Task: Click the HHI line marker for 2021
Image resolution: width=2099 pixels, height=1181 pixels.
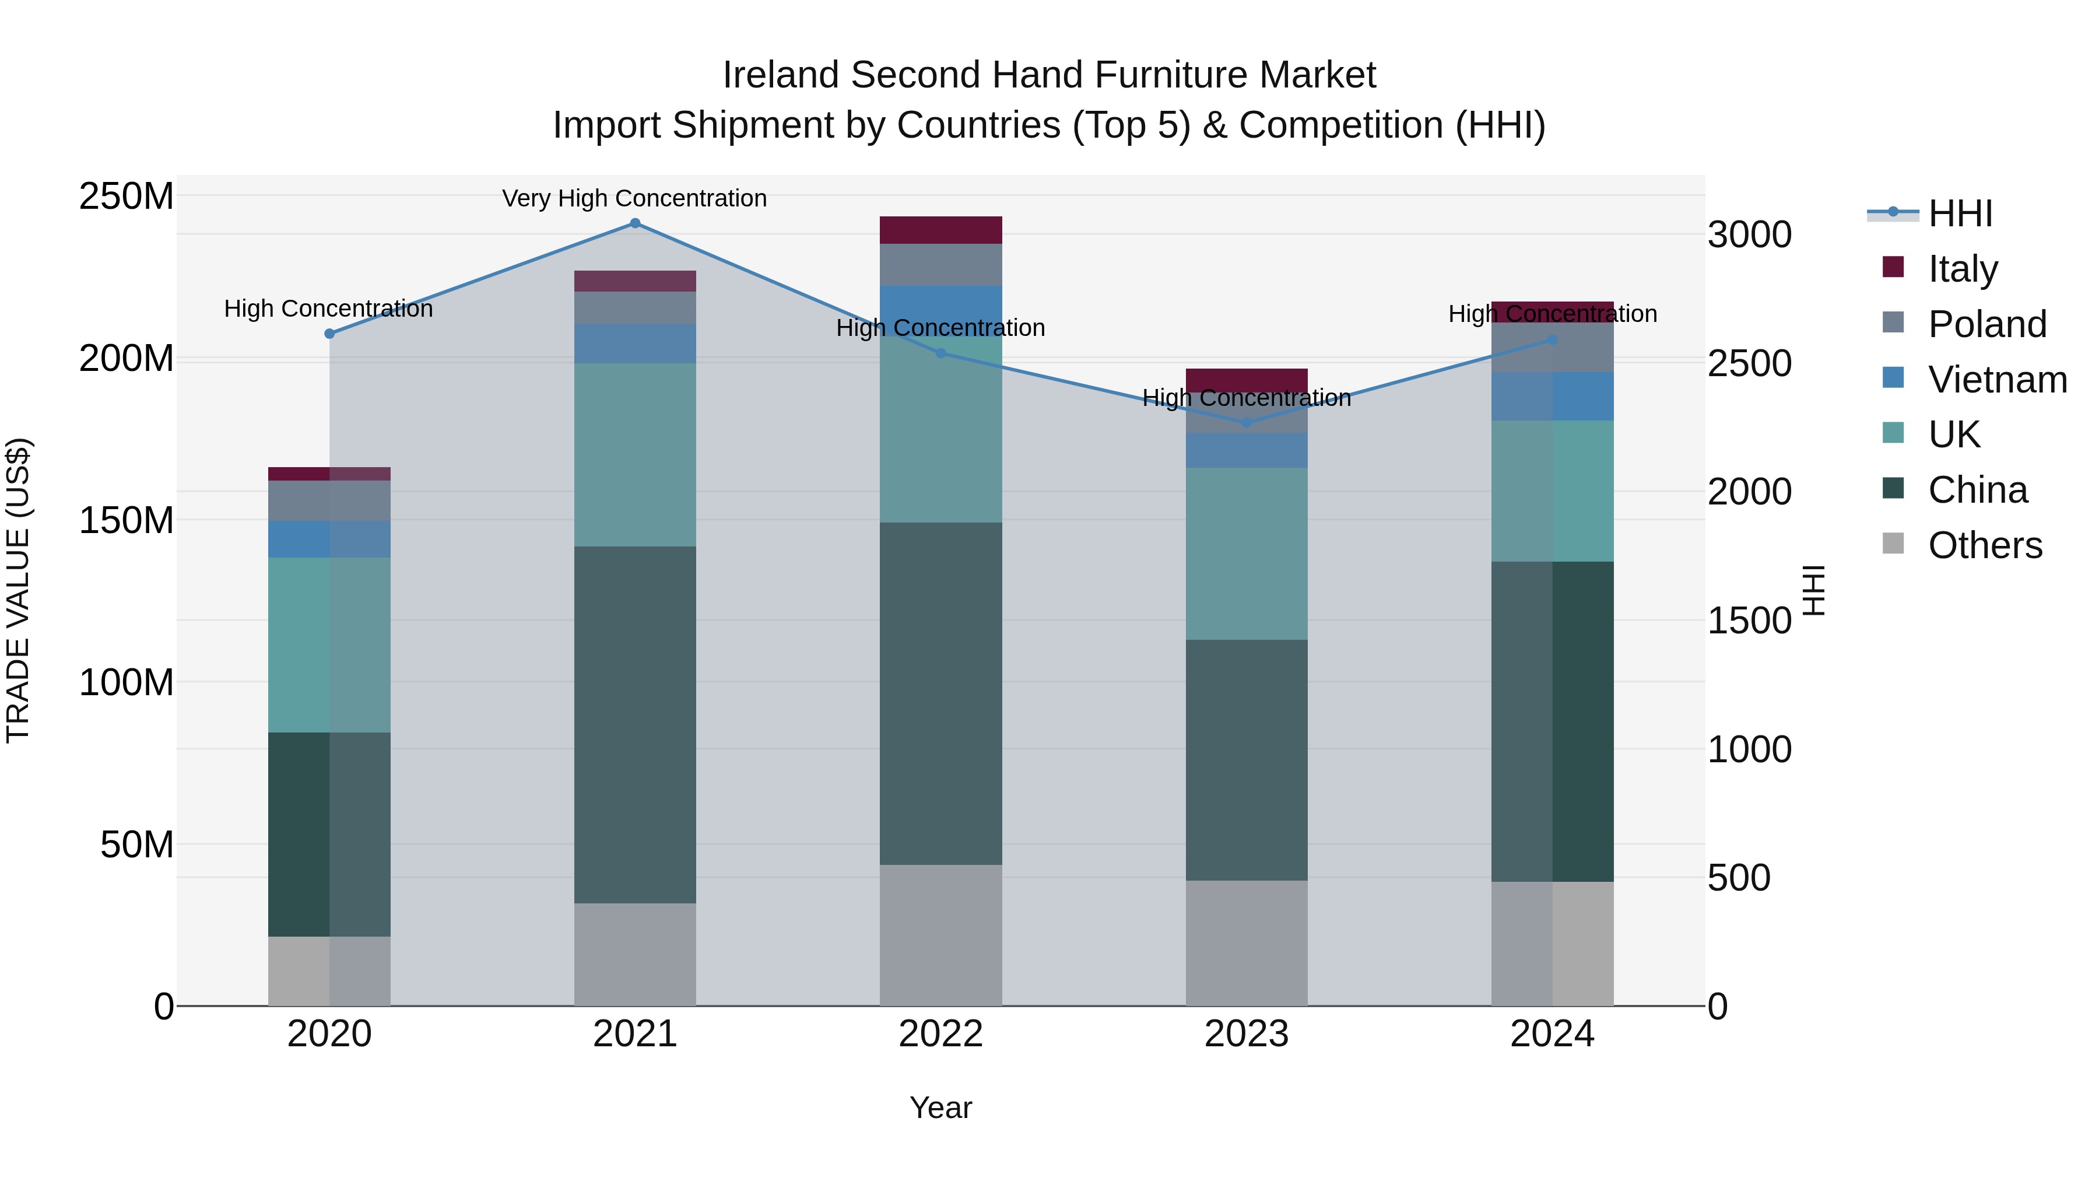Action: point(635,223)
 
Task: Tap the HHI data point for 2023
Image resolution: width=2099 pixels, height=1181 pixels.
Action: point(1246,422)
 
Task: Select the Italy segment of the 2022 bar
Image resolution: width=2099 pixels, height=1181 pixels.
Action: point(940,230)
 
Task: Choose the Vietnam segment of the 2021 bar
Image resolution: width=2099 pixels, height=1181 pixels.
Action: point(635,343)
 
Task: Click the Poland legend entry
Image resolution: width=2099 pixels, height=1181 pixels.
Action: point(1986,324)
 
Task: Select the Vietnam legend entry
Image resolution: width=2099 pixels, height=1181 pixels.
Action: point(1997,379)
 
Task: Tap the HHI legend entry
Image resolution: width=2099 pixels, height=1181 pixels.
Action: point(1960,213)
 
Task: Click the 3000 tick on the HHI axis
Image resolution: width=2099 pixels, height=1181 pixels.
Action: point(1749,234)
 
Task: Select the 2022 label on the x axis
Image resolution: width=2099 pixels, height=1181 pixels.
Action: point(940,1034)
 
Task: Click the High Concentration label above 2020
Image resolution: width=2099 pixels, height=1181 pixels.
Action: point(328,309)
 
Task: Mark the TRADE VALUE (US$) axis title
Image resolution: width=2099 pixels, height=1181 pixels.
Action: point(18,590)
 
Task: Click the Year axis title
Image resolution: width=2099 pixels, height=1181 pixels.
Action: point(940,1108)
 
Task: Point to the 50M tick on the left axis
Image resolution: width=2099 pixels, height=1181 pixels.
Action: point(137,844)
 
